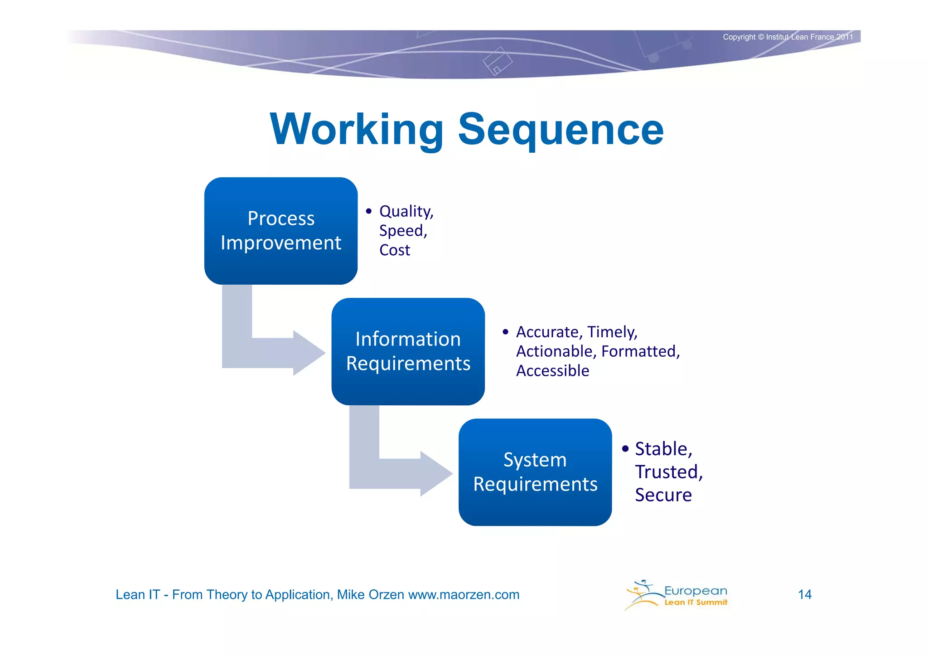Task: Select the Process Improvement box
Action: [x=281, y=231]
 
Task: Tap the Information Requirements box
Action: [x=408, y=351]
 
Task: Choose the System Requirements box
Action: [x=535, y=472]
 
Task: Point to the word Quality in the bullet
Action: [x=405, y=211]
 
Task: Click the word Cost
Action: [x=394, y=250]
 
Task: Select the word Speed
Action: [x=402, y=231]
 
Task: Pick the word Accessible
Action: [x=552, y=371]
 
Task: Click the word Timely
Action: [x=612, y=332]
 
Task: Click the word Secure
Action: [x=663, y=495]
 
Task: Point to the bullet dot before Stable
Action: [x=625, y=449]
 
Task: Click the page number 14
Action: [x=804, y=594]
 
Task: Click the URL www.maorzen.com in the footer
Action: [x=464, y=594]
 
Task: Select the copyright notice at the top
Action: [x=788, y=37]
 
